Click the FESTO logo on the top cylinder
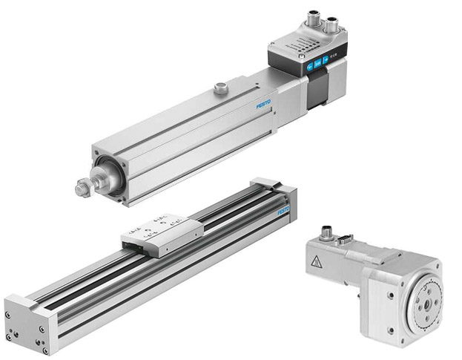click(x=264, y=104)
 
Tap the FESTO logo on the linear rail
click(x=283, y=212)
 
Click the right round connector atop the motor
click(x=331, y=22)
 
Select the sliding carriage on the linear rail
click(x=162, y=235)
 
